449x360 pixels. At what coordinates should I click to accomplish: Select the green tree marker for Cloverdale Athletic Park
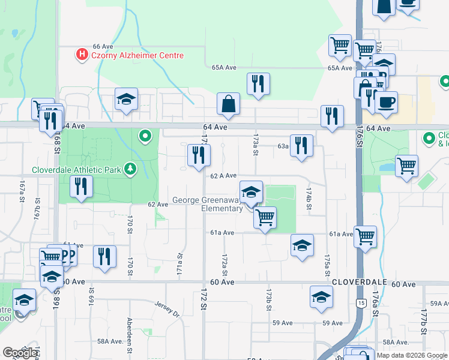click(130, 169)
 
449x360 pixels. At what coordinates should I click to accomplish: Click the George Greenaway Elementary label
click(208, 204)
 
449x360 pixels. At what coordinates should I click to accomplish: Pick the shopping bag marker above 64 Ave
click(229, 104)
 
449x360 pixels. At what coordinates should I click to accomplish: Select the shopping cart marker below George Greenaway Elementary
click(265, 217)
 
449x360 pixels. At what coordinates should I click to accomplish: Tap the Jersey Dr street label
click(167, 308)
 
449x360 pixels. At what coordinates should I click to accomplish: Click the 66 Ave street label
click(103, 46)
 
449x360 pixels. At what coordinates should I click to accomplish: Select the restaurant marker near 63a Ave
click(301, 146)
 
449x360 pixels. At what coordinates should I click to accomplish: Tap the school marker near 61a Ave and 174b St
click(302, 245)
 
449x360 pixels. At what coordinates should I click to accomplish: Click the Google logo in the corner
click(20, 353)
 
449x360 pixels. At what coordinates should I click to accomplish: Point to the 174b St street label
click(309, 198)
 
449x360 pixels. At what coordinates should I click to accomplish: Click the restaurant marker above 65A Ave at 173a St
click(258, 84)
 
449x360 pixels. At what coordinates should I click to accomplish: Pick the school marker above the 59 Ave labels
click(321, 297)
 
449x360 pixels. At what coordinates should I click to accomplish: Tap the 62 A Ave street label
click(223, 176)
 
